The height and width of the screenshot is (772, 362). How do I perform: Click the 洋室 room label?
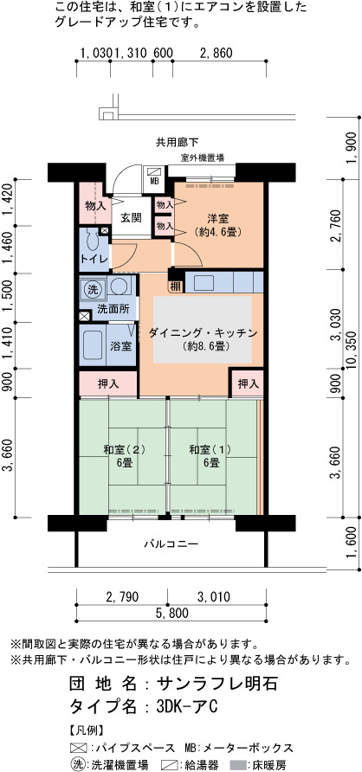[x=217, y=219]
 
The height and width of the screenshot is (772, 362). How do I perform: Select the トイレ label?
[x=94, y=260]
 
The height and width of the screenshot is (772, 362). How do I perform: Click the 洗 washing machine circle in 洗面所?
[x=92, y=289]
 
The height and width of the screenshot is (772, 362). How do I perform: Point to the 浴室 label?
[x=120, y=346]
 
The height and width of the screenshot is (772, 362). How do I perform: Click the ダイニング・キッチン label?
[x=204, y=333]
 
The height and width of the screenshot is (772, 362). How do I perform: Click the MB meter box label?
[x=154, y=181]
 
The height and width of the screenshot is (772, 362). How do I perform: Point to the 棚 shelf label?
[x=175, y=286]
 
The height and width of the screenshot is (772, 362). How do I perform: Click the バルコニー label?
[x=171, y=544]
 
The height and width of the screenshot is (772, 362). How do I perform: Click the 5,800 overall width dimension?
[x=171, y=613]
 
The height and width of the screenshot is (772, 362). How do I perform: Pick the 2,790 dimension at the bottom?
[x=121, y=596]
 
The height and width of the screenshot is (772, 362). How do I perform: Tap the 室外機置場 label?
[x=203, y=158]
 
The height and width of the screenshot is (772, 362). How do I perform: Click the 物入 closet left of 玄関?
[x=95, y=205]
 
